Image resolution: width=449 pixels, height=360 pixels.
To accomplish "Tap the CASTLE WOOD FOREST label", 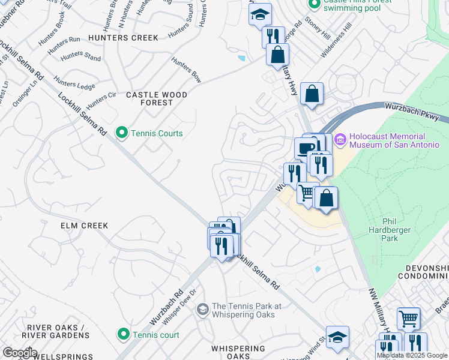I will pos(156,99).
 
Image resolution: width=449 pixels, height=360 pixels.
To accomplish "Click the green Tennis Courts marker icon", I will pos(122,133).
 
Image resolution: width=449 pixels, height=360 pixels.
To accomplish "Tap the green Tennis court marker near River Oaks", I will pos(123,334).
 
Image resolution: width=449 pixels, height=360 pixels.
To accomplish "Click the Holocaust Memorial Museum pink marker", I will pos(340,139).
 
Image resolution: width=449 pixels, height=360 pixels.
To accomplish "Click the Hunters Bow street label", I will pos(186,70).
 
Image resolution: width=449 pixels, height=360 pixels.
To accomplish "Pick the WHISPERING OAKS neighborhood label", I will pos(238,352).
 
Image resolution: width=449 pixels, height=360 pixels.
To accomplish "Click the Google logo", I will pos(19,352).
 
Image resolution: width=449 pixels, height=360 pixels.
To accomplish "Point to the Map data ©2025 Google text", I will pos(412,355).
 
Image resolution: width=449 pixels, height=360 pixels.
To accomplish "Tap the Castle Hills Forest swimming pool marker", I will pos(313,4).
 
